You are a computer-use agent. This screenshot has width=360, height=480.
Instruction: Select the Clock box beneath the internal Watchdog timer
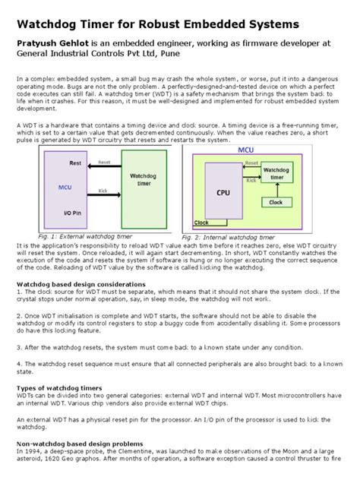click(275, 202)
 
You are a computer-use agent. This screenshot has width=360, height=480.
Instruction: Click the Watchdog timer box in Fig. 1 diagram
click(142, 180)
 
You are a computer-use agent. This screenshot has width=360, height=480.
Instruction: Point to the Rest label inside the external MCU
click(75, 163)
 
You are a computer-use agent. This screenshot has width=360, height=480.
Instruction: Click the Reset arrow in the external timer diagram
click(104, 166)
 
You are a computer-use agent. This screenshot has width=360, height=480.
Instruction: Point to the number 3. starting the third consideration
click(20, 346)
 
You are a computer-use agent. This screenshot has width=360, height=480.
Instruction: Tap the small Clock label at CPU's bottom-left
click(201, 223)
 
